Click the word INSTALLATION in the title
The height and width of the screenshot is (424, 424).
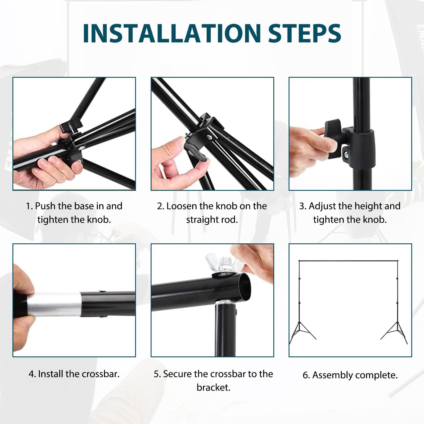171,33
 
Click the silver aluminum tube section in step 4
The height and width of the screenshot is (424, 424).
54,305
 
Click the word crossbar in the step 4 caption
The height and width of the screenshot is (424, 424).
100,374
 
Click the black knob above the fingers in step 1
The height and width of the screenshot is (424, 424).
71,125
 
